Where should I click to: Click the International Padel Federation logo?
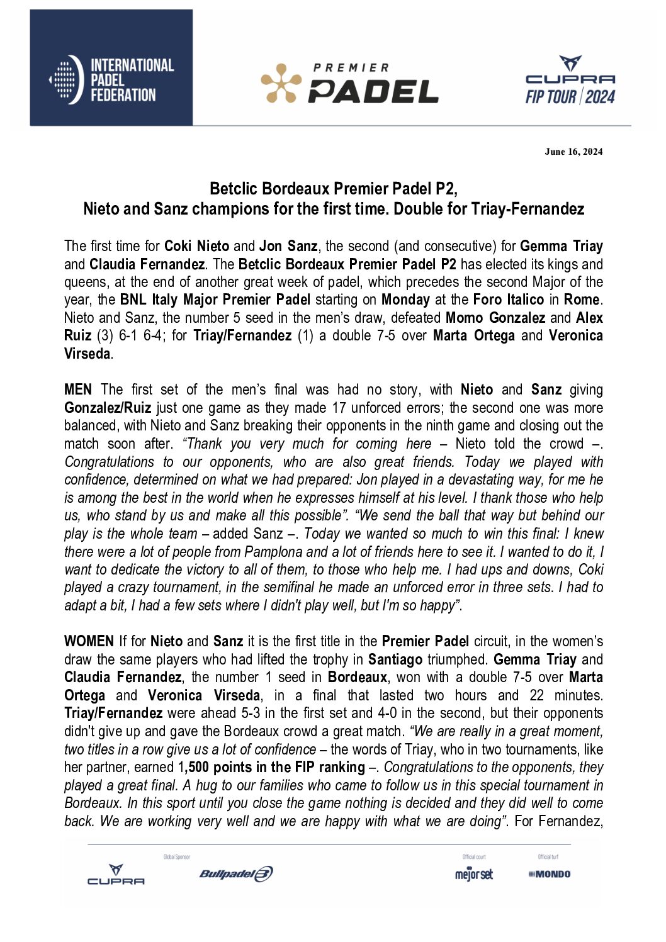pos(111,68)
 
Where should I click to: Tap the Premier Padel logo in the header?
pos(349,83)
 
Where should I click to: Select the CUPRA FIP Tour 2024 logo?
pos(570,80)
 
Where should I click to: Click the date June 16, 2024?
pos(573,151)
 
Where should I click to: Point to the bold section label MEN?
pos(78,390)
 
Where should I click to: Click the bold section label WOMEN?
pos(89,641)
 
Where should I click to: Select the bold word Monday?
pos(405,300)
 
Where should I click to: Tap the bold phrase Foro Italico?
pos(509,300)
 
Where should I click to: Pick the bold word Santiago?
pos(395,659)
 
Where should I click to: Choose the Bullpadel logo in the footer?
pos(236,874)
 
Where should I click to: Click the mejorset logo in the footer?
pos(474,874)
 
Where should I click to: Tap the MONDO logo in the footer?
pos(550,874)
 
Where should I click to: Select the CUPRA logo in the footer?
pos(116,875)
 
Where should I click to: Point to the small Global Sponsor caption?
pos(176,857)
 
